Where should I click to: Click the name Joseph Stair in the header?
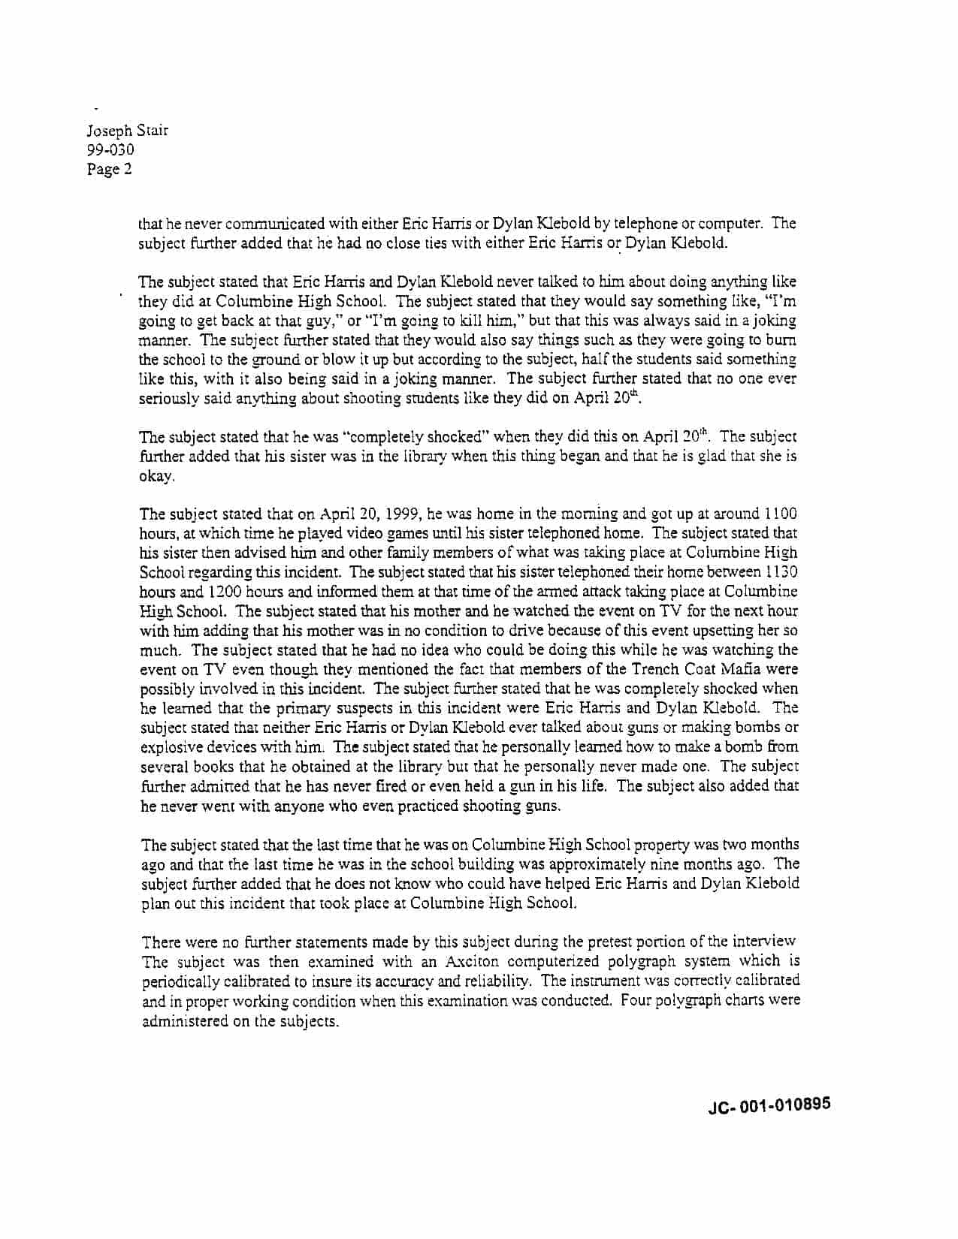128,130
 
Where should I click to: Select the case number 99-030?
110,149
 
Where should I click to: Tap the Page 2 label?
110,169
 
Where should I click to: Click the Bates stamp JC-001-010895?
769,1105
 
